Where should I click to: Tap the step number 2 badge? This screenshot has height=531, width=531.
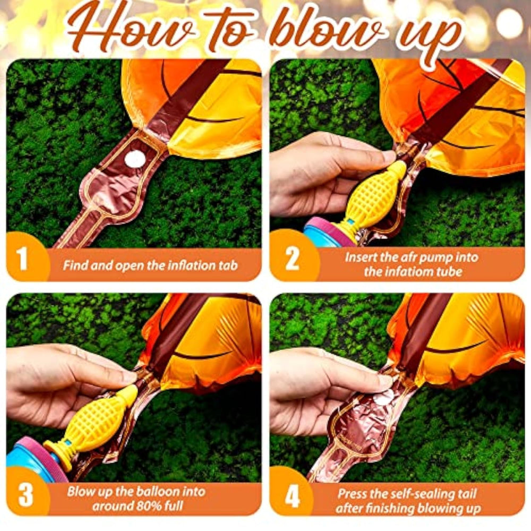pyautogui.click(x=292, y=259)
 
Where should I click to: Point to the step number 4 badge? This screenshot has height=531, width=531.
pyautogui.click(x=292, y=496)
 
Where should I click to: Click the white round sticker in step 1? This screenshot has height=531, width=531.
pyautogui.click(x=135, y=158)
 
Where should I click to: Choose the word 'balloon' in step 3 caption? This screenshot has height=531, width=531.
pyautogui.click(x=156, y=491)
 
